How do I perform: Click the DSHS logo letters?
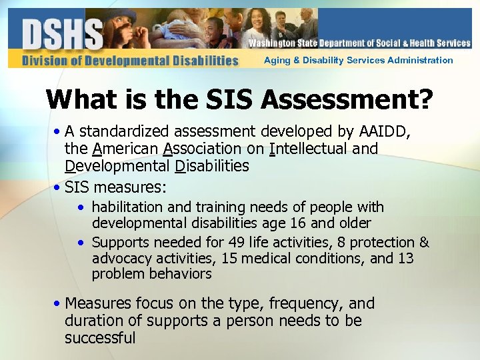[61, 33]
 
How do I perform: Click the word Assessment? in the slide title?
[347, 99]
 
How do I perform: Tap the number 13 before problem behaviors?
[405, 258]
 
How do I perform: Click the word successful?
[100, 338]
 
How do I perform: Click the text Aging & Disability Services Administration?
[358, 60]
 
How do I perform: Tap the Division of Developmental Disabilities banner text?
[129, 61]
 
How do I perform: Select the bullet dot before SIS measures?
[58, 183]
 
